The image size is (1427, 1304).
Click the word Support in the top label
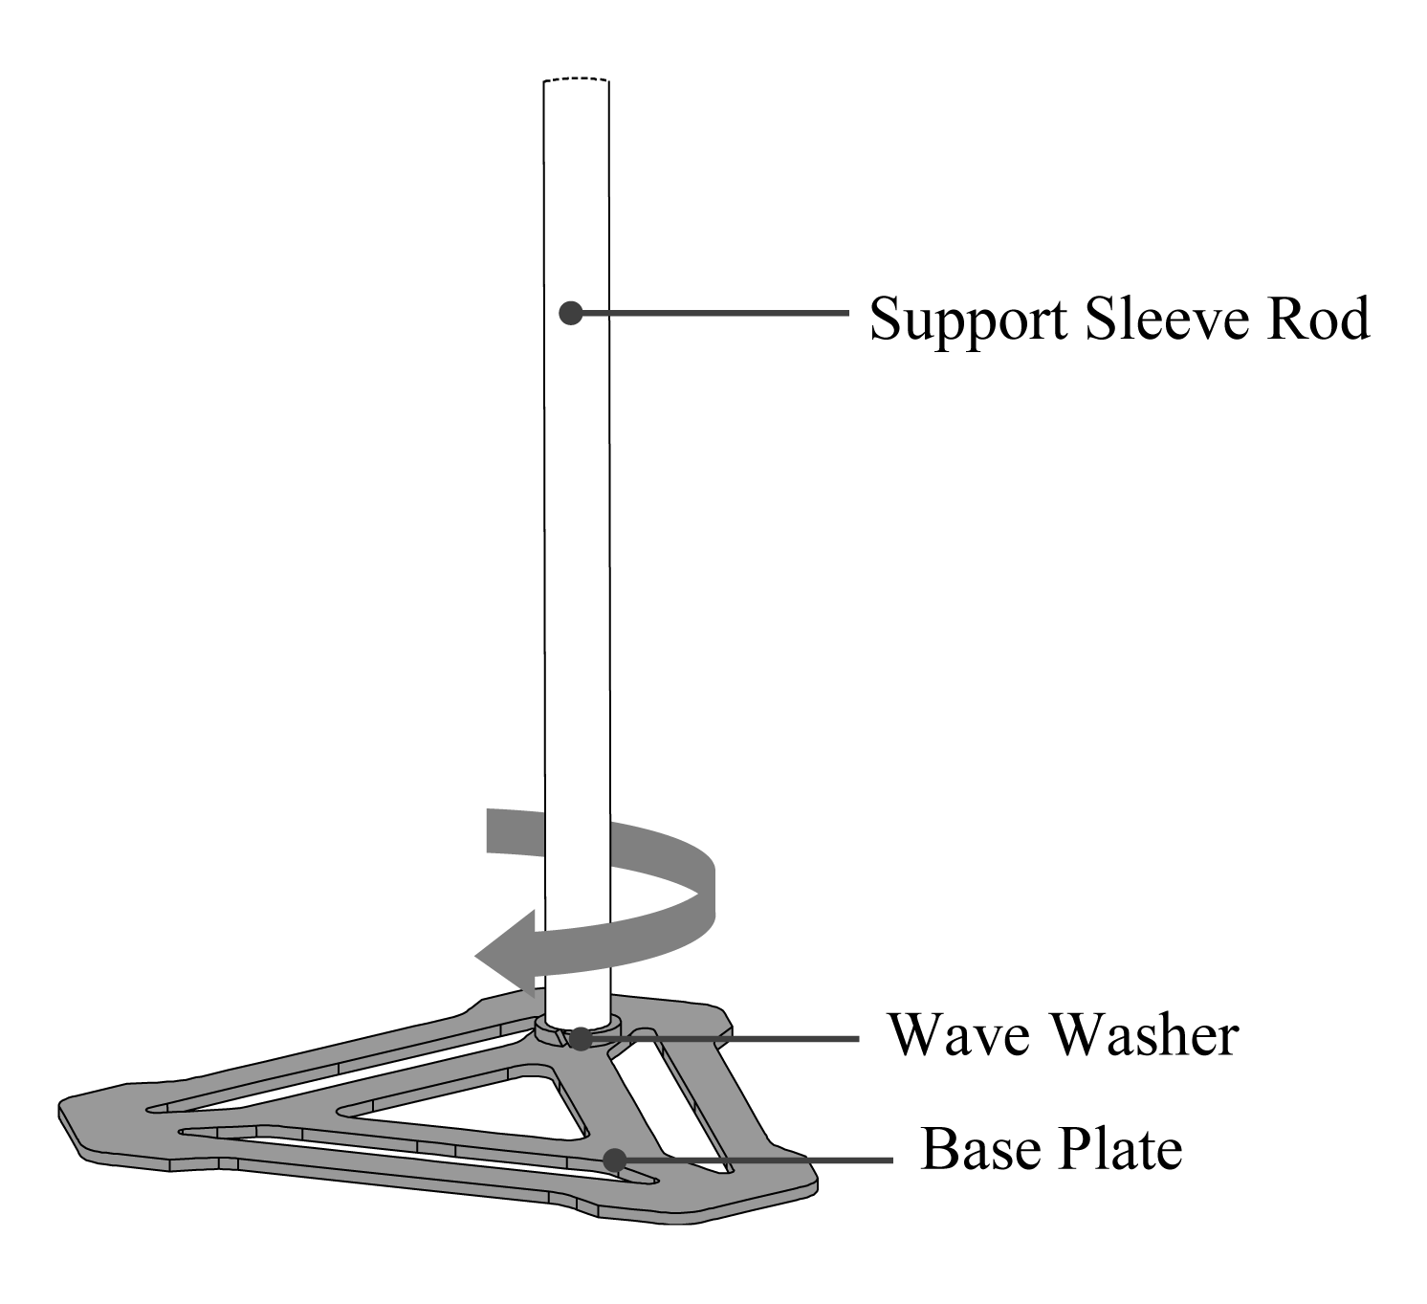(x=968, y=320)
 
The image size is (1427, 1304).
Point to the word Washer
(x=1145, y=1036)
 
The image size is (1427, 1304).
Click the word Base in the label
(x=980, y=1149)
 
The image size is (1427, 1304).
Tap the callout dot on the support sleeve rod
(x=571, y=313)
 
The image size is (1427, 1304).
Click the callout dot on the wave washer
(x=582, y=1039)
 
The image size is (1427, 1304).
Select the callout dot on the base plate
(x=614, y=1160)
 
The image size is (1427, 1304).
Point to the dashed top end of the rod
(x=576, y=78)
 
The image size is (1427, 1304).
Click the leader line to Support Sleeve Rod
(x=714, y=313)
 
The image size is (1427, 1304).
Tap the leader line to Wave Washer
(x=726, y=1039)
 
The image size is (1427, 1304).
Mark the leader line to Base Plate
(x=759, y=1160)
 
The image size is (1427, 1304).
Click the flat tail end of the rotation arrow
(x=488, y=829)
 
